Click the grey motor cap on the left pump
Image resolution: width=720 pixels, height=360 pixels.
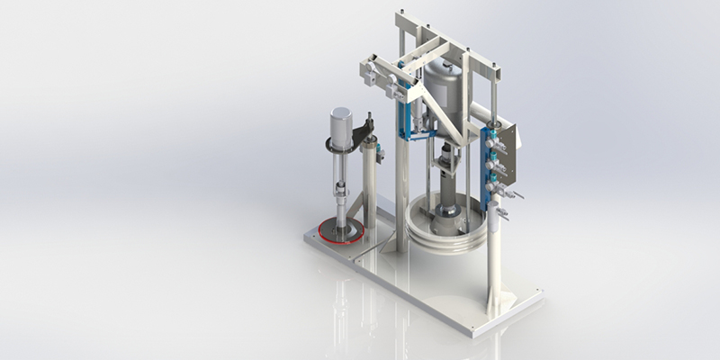(340, 126)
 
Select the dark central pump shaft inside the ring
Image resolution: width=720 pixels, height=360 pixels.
(447, 202)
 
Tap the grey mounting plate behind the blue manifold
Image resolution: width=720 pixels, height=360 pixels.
(512, 148)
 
